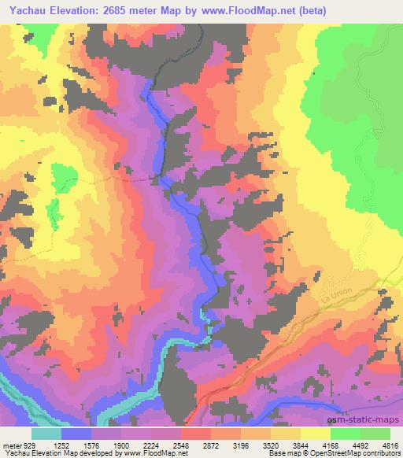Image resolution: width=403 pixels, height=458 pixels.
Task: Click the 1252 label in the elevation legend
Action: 63,445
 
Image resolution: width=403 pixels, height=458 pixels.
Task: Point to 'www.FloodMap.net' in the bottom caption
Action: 152,453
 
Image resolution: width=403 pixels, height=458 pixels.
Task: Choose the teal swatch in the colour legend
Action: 46,434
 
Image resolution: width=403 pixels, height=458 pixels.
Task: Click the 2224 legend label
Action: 153,445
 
